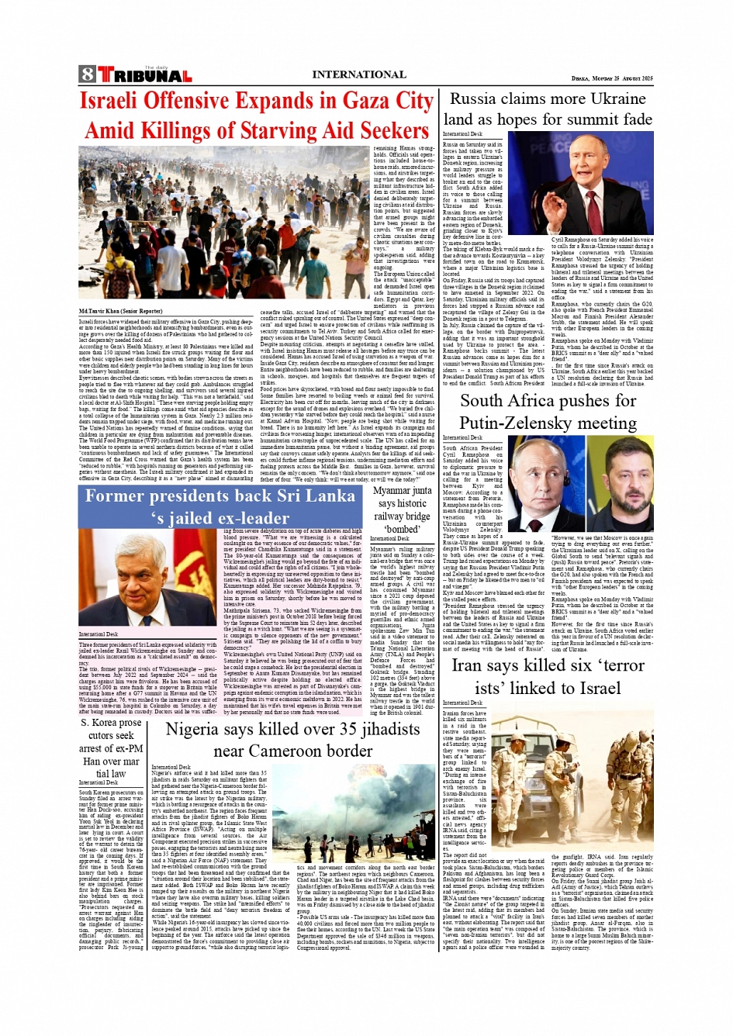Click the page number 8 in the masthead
[87, 74]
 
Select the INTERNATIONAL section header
[358, 75]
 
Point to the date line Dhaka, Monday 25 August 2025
[612, 78]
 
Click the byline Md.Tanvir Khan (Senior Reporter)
[120, 311]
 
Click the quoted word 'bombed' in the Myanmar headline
[402, 529]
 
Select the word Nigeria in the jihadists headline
[195, 730]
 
